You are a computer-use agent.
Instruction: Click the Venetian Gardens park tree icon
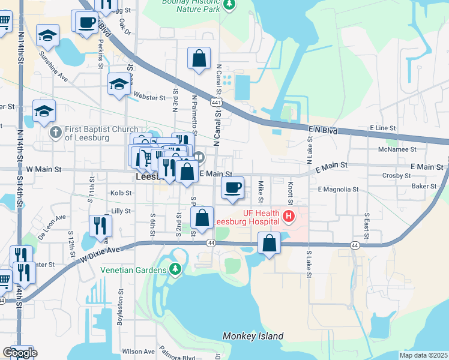pos(175,269)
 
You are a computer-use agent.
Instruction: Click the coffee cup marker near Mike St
pos(233,188)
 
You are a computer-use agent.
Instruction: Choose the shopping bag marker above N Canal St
pos(199,59)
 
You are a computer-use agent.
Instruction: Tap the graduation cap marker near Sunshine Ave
pos(47,36)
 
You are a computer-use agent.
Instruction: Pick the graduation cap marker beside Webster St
pos(119,85)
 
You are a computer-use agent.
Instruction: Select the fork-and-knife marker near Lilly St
pos(100,226)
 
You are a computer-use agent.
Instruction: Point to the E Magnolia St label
pos(338,189)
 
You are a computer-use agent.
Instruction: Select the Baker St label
pos(423,187)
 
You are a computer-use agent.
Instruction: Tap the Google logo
pos(20,353)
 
